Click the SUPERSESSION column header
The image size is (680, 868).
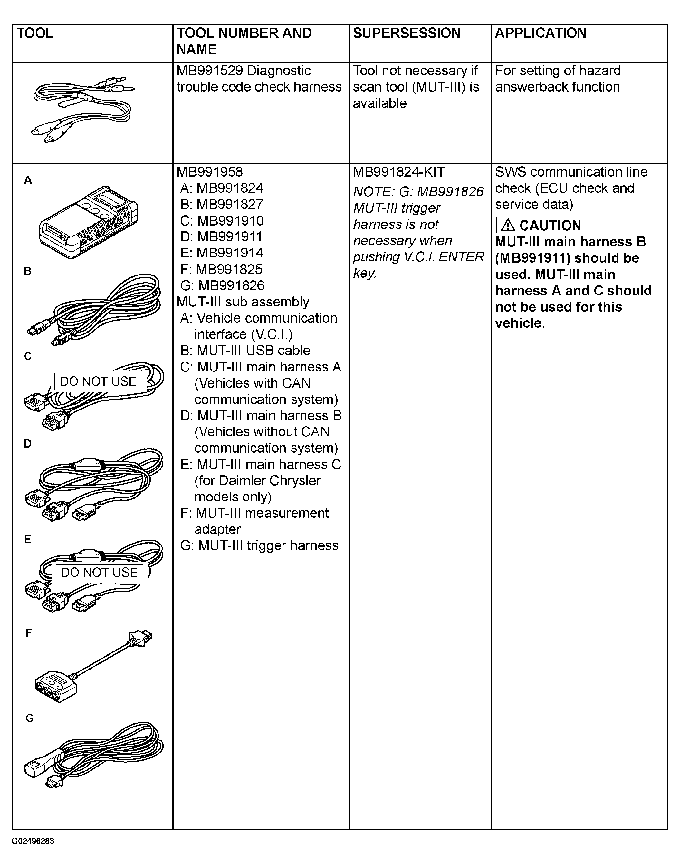point(407,33)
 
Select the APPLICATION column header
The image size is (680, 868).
point(540,33)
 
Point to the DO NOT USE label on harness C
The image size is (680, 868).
point(98,381)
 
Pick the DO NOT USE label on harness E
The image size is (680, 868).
point(99,572)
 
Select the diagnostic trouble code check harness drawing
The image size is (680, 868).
point(83,109)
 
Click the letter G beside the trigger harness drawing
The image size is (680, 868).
point(29,718)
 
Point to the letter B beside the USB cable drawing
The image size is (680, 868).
point(27,271)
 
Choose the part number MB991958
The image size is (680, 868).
point(209,172)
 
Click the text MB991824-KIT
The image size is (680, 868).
point(398,172)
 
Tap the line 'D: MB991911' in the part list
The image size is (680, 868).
point(221,237)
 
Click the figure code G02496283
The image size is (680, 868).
point(33,841)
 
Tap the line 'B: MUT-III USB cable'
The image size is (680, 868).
point(245,350)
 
